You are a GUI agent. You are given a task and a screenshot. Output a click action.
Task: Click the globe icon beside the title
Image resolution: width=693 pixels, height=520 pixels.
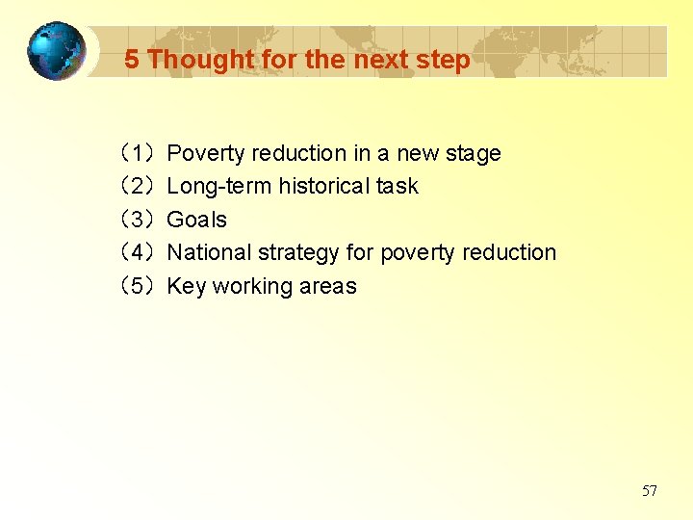(56, 51)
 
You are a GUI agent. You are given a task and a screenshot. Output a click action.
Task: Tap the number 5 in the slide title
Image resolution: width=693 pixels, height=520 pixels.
(132, 60)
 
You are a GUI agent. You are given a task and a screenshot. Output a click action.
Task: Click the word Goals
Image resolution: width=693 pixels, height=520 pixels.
(196, 220)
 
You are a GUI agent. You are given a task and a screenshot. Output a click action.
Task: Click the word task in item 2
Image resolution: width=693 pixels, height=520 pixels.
(398, 186)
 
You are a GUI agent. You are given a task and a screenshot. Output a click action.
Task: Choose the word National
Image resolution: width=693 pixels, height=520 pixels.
(206, 252)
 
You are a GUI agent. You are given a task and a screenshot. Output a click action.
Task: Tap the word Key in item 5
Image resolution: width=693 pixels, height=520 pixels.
(187, 287)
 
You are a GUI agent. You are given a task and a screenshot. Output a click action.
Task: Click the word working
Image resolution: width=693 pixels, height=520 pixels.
(255, 287)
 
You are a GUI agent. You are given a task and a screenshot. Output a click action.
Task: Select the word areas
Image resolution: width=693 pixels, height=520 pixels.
(330, 287)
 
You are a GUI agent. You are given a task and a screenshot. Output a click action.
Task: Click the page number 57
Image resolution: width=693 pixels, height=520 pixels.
(650, 491)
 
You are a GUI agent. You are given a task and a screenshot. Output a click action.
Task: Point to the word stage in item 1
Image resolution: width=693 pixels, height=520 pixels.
(472, 154)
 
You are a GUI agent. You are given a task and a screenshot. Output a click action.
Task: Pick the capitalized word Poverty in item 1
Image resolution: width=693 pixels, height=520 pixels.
(205, 153)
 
